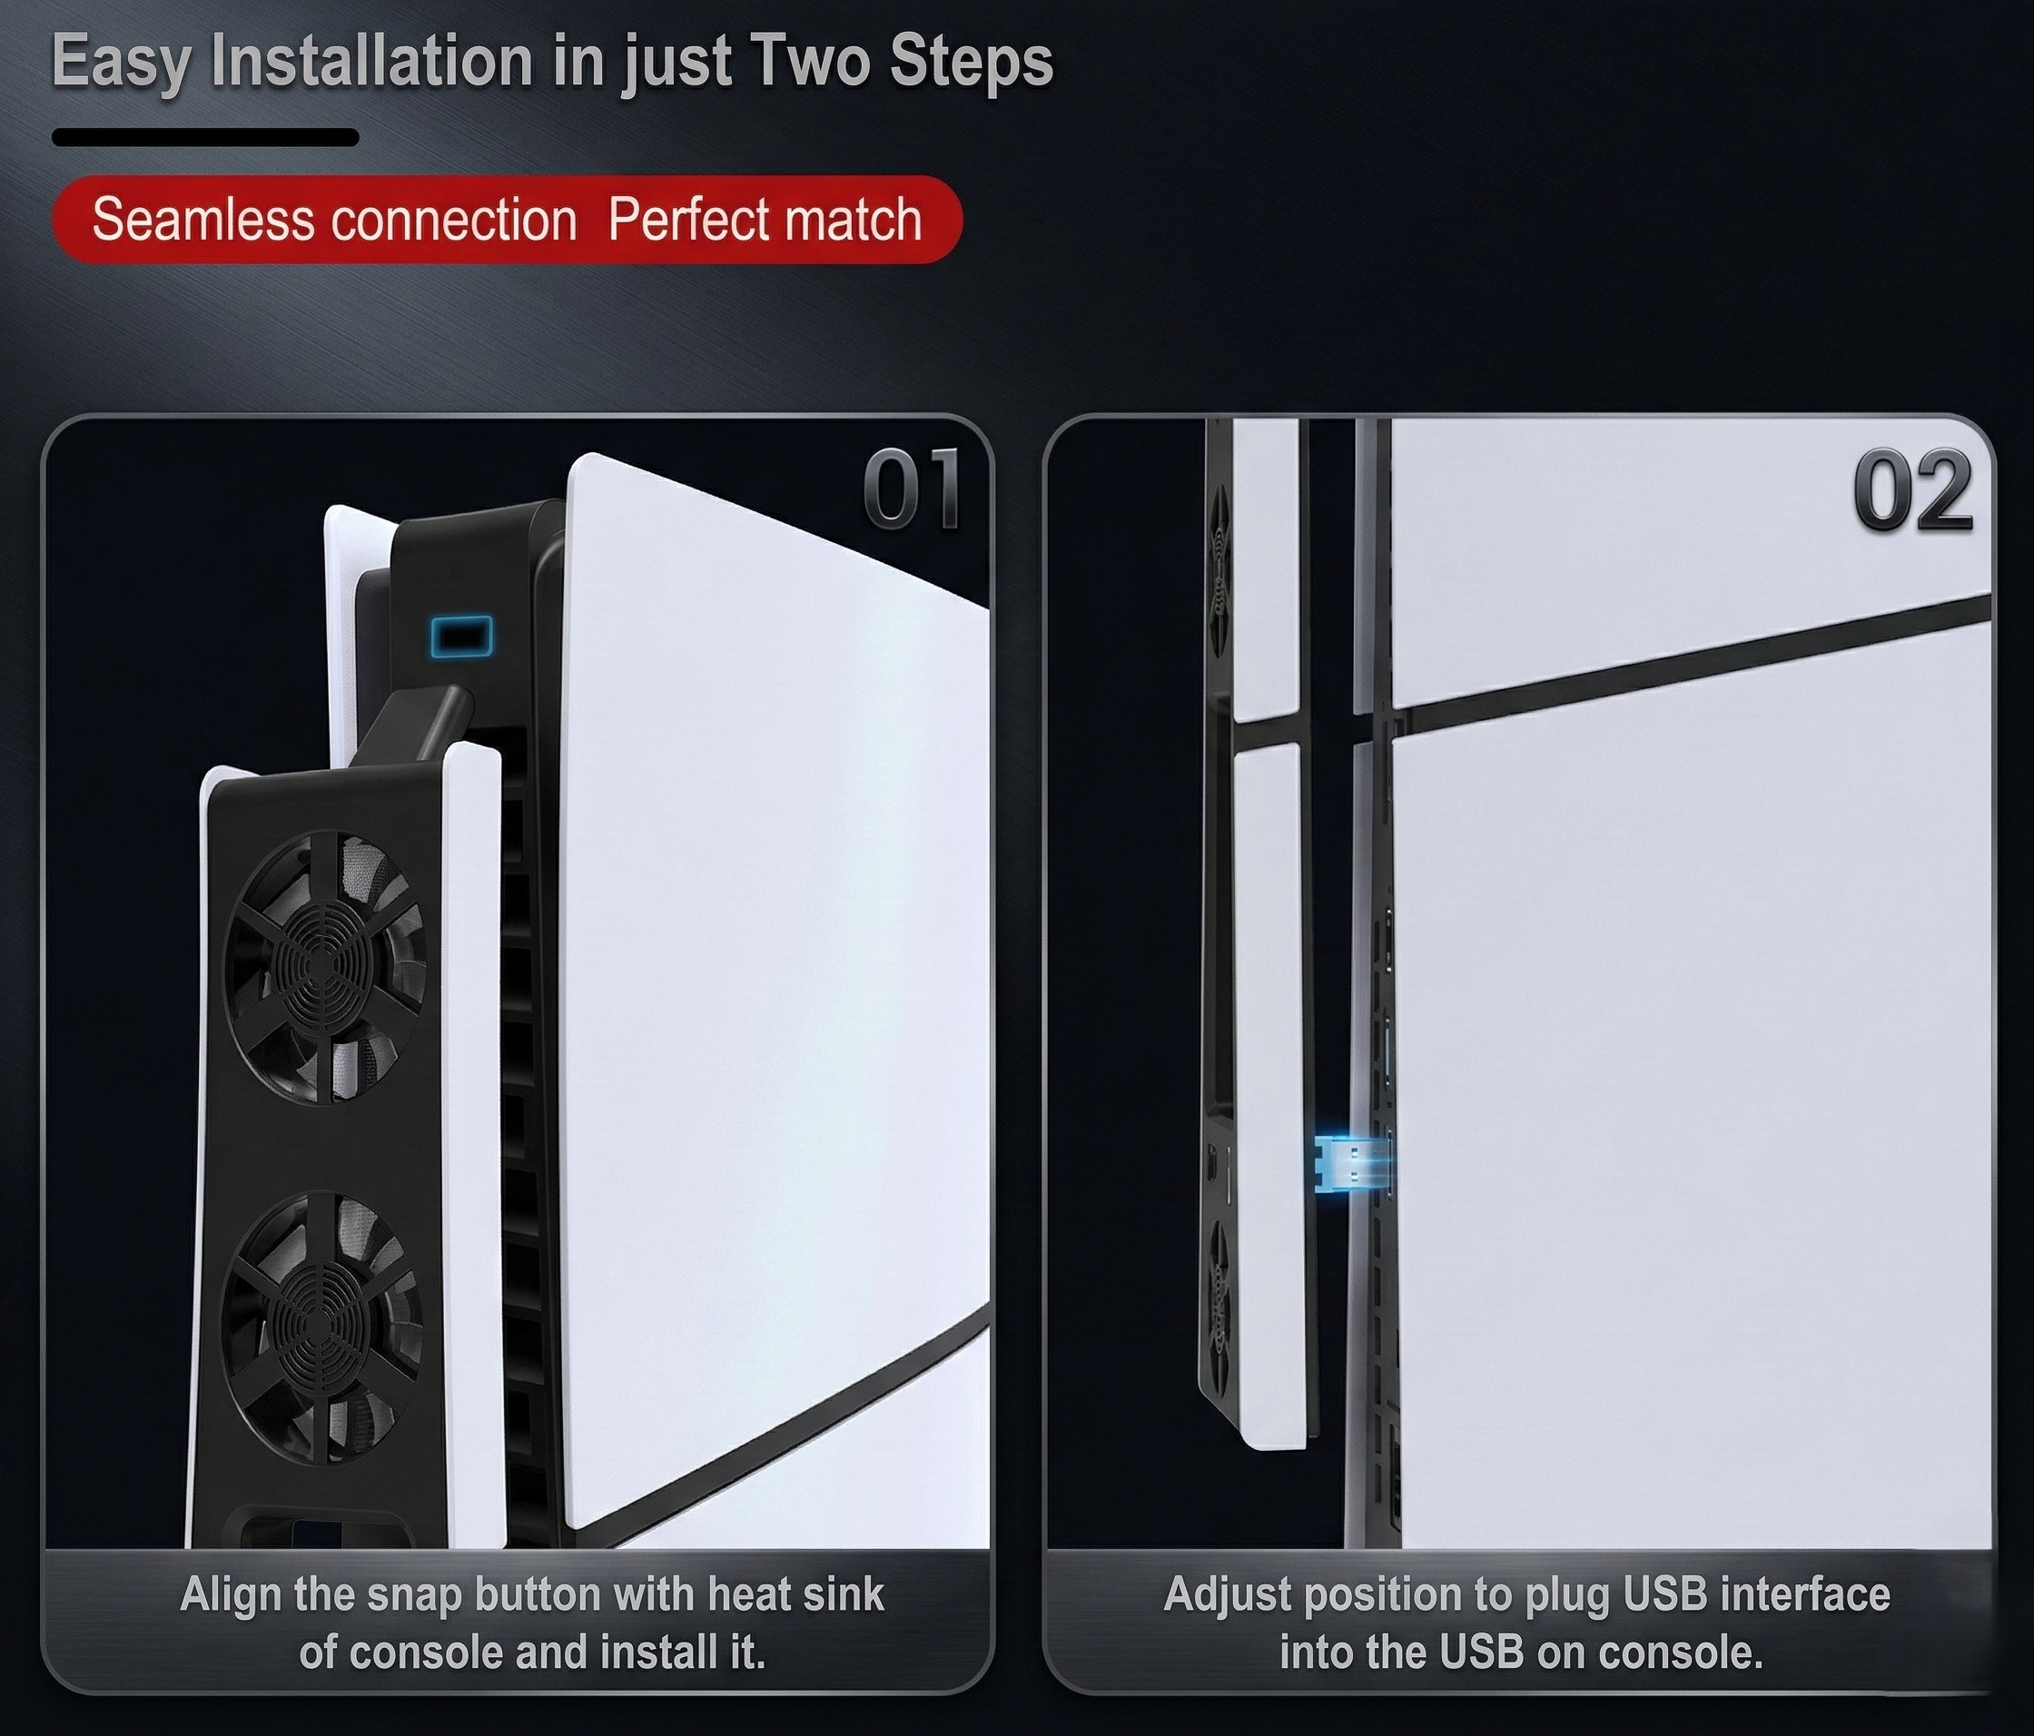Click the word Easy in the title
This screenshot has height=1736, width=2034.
[x=122, y=61]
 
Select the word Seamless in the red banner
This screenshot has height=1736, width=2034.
[x=202, y=219]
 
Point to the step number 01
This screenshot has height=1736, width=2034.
[x=910, y=490]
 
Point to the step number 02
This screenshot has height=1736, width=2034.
[x=1912, y=490]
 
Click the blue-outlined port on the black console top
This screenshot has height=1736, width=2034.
[x=461, y=636]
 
